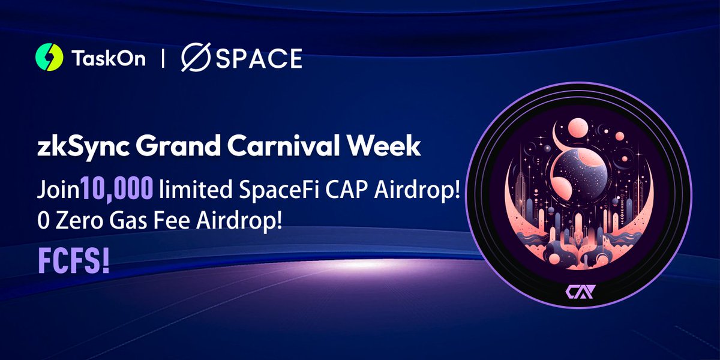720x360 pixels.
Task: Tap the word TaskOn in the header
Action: click(x=108, y=59)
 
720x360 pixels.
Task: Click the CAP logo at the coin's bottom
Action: click(x=578, y=293)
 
